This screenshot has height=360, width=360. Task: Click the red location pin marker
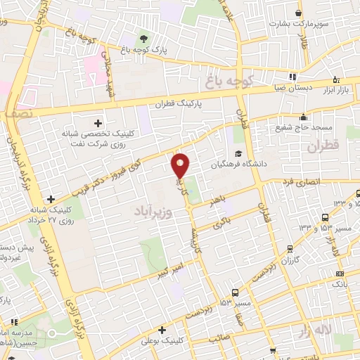181,165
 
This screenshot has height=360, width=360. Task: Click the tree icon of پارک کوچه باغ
143,38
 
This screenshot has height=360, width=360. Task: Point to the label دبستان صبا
292,89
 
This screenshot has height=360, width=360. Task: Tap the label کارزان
290,261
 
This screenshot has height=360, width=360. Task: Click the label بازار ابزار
336,91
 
